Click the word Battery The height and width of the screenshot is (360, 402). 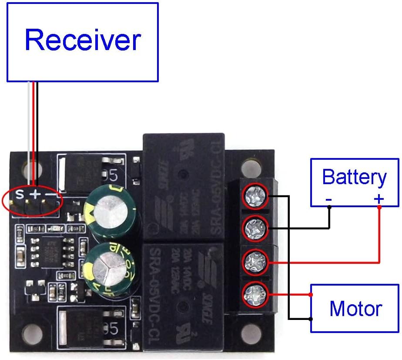[x=354, y=177]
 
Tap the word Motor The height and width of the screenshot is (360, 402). [x=355, y=308]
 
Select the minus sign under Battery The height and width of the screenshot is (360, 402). [x=329, y=199]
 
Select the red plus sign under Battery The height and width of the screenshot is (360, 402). [x=379, y=199]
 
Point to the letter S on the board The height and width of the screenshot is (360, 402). [x=20, y=193]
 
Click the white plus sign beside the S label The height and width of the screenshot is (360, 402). [x=35, y=193]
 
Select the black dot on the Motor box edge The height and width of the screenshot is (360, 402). [x=311, y=319]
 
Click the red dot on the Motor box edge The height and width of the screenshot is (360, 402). [x=311, y=295]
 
